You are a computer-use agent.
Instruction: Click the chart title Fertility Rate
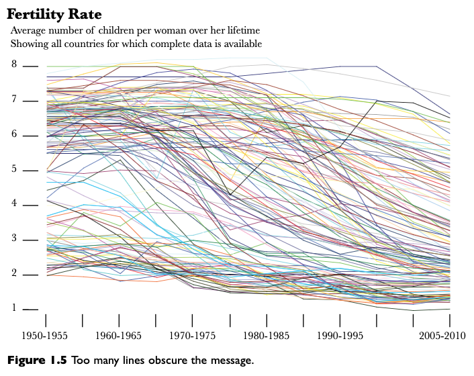[54, 14]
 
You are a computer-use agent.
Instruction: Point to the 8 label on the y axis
[13, 64]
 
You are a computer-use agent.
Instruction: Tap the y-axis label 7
[13, 100]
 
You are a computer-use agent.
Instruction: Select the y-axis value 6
[13, 135]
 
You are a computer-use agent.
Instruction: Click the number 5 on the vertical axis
[13, 170]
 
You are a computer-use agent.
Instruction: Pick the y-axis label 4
[13, 204]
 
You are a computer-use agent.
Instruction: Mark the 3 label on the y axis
[13, 239]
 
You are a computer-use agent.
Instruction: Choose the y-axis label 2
[13, 274]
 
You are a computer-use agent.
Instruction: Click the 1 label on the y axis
[13, 309]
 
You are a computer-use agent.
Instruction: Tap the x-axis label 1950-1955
[46, 335]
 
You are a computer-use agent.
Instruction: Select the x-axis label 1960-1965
[119, 335]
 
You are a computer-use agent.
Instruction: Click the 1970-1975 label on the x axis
[192, 335]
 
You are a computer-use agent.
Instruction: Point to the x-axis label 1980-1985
[266, 335]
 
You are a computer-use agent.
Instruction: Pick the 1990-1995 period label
[339, 335]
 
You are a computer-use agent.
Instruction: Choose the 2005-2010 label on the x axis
[442, 335]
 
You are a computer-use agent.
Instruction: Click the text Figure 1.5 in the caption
[38, 361]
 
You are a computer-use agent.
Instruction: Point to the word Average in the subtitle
[29, 31]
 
